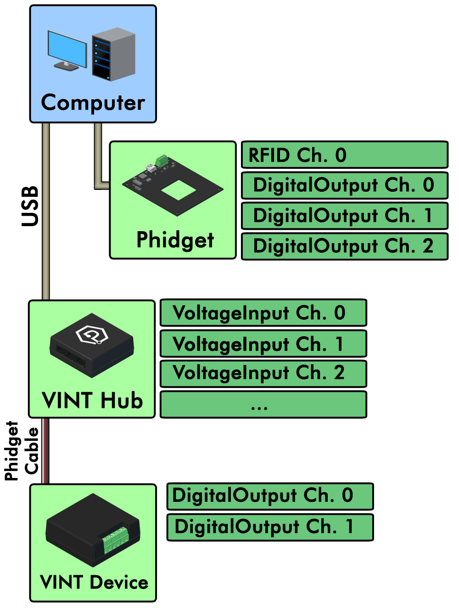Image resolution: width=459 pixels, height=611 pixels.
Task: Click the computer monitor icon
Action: (67, 50)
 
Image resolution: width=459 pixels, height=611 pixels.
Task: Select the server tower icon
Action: (113, 54)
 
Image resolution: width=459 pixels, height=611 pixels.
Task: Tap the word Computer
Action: (93, 103)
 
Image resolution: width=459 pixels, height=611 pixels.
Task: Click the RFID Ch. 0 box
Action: (344, 155)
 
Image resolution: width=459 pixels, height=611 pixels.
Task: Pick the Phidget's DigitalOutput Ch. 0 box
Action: (344, 185)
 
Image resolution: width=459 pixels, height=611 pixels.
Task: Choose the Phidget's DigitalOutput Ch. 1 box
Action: (344, 216)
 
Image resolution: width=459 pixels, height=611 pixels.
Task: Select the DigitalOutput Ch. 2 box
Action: (344, 246)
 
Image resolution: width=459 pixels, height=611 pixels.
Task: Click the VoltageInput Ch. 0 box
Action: (263, 313)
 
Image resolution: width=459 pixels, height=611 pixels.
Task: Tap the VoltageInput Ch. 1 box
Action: (263, 344)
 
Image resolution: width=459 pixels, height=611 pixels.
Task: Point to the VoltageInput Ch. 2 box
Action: (263, 373)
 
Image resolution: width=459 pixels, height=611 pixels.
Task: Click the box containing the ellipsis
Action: (263, 405)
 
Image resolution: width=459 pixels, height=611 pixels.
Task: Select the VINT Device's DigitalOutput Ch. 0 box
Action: (270, 496)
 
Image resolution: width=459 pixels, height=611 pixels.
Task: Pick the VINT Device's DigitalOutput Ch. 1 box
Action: (270, 527)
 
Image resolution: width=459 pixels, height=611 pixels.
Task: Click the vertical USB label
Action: (30, 206)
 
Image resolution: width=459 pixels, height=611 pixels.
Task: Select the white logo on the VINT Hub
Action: (92, 334)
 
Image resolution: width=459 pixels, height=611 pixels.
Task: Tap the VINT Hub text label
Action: (92, 400)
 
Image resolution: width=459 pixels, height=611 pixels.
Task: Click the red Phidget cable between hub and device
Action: (45, 451)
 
